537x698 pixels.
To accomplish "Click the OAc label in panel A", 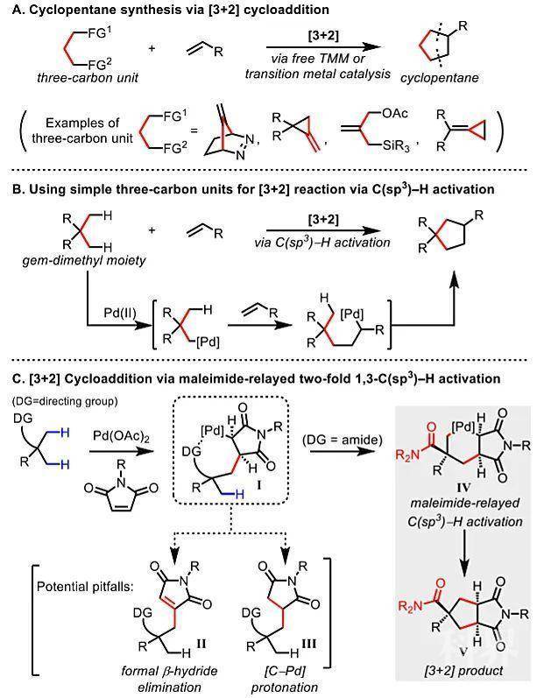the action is coord(394,114).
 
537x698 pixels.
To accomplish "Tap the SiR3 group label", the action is coord(396,145).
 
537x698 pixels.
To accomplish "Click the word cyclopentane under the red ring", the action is coord(439,78).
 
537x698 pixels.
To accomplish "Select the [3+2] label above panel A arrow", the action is coord(323,36).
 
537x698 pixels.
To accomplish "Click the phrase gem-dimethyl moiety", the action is coord(84,260).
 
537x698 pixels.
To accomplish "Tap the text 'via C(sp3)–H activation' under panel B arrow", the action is coord(322,243).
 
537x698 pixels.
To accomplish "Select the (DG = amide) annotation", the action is coord(342,441).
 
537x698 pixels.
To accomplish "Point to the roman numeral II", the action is coord(201,644).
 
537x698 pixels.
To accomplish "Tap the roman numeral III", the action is coord(308,644).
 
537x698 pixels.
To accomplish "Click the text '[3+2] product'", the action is coord(463,671).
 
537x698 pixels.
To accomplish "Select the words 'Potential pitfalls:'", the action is coord(85,587).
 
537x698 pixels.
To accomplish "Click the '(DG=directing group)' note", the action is coord(65,401).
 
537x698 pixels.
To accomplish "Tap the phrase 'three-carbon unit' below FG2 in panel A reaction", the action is coord(88,78).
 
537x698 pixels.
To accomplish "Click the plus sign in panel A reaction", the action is coord(152,47).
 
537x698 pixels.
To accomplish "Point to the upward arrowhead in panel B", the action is coord(454,281).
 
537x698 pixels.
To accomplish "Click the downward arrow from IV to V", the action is coord(464,552).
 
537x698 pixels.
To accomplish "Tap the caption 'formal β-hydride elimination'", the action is coord(169,679).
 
